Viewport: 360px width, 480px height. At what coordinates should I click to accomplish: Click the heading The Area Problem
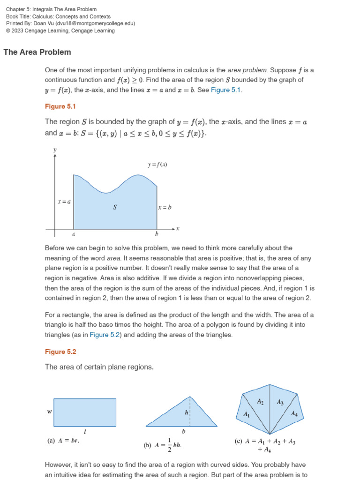[37, 52]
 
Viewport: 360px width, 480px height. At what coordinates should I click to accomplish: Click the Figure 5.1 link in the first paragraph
[226, 90]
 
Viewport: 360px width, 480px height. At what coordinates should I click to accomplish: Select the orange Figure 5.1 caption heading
[60, 106]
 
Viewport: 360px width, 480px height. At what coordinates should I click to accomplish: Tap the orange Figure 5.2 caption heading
[60, 352]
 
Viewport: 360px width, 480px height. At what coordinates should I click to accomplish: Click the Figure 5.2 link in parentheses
[105, 335]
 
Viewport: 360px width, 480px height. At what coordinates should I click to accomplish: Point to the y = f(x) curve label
[157, 165]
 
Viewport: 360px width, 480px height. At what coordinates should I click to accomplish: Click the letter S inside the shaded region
[115, 207]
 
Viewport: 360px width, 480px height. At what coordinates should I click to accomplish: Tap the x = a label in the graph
[64, 202]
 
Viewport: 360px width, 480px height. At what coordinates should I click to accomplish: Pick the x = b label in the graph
[165, 207]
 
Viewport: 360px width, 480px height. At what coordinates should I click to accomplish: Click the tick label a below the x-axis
[73, 234]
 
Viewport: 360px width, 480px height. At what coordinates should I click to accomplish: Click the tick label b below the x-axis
[157, 234]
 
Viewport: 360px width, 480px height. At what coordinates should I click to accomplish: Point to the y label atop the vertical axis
[55, 150]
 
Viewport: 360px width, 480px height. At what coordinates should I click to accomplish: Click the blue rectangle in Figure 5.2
[85, 412]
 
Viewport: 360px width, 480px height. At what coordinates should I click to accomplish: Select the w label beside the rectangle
[49, 412]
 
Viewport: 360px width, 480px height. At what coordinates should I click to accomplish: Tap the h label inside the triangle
[186, 413]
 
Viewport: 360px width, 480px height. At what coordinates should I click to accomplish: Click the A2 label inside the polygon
[261, 401]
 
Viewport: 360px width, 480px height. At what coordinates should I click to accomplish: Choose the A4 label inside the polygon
[294, 413]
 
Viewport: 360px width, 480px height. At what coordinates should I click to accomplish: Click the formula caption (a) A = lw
[63, 441]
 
